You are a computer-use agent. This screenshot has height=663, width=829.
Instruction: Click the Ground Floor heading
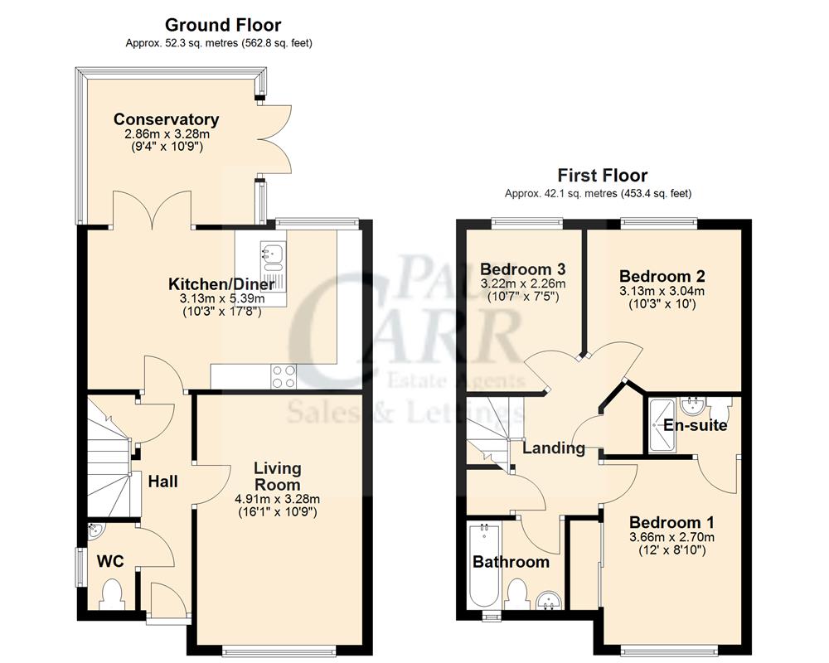click(222, 26)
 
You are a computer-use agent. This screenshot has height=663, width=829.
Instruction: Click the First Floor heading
click(602, 176)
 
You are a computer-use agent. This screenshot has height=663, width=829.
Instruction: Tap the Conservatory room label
click(166, 119)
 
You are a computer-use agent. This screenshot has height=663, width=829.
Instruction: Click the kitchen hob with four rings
click(284, 376)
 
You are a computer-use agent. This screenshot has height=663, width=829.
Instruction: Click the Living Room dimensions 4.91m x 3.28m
click(277, 499)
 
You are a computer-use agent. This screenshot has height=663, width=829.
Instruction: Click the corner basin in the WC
click(95, 531)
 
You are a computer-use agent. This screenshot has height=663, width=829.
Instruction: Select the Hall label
click(162, 481)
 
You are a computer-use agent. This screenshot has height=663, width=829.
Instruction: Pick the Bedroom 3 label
click(522, 269)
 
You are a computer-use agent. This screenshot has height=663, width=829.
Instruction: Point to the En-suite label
click(695, 426)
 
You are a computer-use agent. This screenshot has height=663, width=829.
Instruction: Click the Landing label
click(553, 448)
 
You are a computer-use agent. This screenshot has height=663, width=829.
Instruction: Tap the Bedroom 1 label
click(671, 523)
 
